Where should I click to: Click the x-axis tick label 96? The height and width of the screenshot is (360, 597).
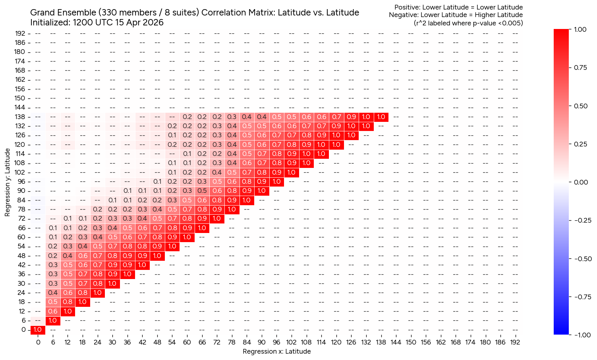coord(276,342)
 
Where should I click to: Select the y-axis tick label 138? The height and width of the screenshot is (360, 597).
coord(21,117)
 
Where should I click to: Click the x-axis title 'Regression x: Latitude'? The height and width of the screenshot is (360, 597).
coord(276,351)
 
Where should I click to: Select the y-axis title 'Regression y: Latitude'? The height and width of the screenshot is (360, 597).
coord(8,183)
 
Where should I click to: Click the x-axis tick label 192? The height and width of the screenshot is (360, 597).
coord(515,342)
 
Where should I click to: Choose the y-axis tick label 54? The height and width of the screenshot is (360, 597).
coord(22,246)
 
